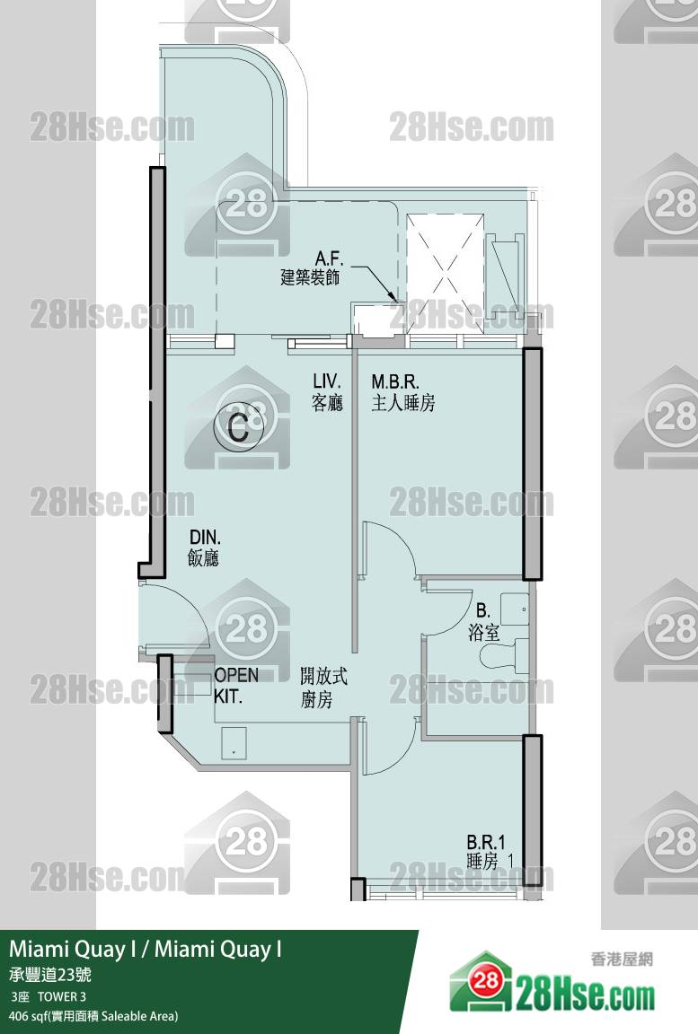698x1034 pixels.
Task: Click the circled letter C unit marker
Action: coord(238,426)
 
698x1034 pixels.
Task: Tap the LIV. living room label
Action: coord(327,381)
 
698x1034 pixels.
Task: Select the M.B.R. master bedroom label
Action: coord(395,381)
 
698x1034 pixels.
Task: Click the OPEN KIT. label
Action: coord(236,685)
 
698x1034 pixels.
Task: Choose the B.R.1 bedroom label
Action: coord(486,842)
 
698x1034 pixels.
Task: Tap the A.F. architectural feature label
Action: coord(329,258)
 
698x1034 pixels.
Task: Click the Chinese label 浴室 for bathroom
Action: coord(483,633)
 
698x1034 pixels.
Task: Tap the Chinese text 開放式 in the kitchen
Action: coord(323,676)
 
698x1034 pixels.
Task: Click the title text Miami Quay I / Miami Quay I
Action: coord(146,949)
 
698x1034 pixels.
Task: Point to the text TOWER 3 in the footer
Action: coord(61,996)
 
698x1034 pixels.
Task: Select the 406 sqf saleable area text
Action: coord(93,1016)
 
